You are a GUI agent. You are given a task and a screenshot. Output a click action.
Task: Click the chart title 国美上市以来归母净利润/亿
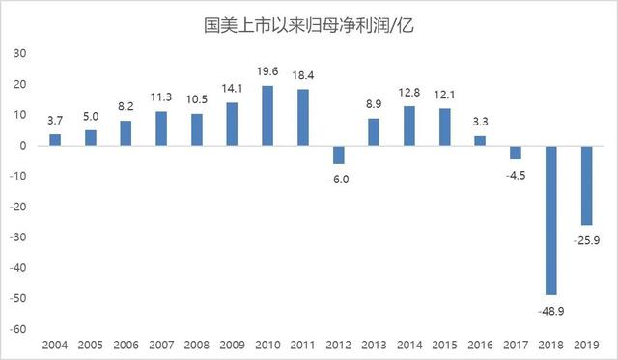pyautogui.click(x=308, y=22)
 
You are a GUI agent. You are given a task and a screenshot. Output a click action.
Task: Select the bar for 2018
pyautogui.click(x=549, y=220)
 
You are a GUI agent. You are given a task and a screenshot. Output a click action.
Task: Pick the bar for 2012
pyautogui.click(x=337, y=154)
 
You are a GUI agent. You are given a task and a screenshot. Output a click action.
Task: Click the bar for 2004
pyautogui.click(x=55, y=140)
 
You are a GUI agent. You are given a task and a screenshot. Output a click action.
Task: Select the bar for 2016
pyautogui.click(x=479, y=141)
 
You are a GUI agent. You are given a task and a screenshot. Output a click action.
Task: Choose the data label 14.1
pyautogui.click(x=232, y=91)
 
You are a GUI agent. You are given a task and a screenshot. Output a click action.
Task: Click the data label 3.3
pyautogui.click(x=479, y=123)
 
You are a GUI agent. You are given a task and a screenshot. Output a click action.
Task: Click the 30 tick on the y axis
pyautogui.click(x=18, y=54)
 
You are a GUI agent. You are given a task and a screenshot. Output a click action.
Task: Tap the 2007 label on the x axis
pyautogui.click(x=161, y=346)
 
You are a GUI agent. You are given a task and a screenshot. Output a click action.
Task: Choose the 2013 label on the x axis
pyautogui.click(x=373, y=346)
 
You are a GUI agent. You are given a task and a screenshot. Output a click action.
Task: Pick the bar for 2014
pyautogui.click(x=408, y=125)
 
